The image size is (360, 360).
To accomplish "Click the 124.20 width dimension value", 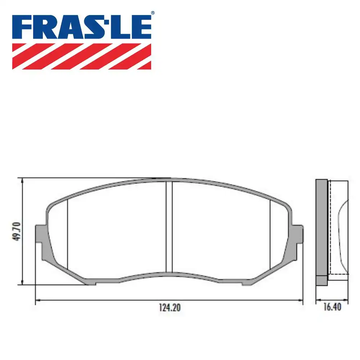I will [169, 308].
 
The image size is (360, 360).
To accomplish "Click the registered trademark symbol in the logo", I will [152, 13].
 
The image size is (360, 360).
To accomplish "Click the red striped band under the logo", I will [82, 56].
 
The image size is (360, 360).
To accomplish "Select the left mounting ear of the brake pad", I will [40, 236].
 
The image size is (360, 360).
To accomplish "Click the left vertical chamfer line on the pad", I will [68, 234].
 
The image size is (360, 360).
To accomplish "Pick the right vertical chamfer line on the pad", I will [270, 234].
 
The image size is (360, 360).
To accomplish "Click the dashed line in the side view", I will [338, 274].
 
